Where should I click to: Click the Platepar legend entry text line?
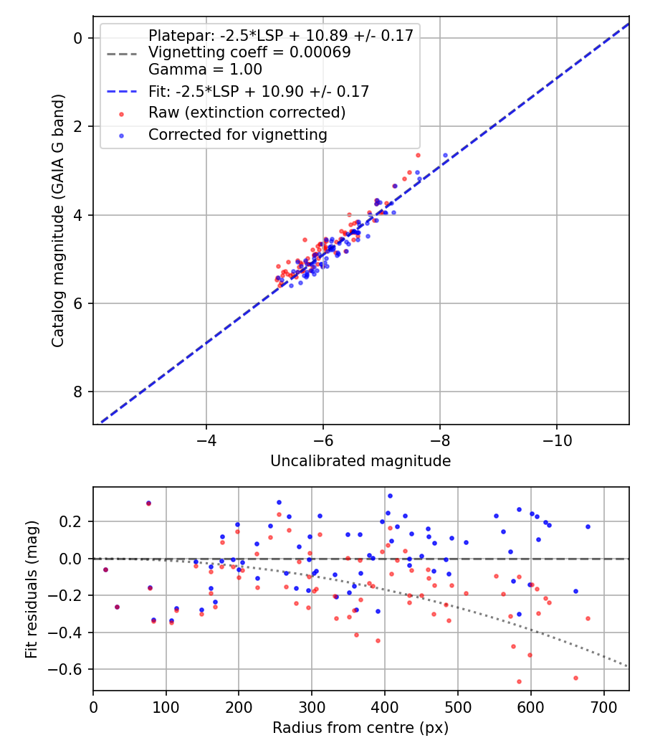click(x=280, y=36)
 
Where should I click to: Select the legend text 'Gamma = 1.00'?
click(x=205, y=70)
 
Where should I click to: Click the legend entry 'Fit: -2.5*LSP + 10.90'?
click(x=259, y=92)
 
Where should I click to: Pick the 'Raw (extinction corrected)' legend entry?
click(x=247, y=113)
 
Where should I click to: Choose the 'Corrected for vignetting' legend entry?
click(x=237, y=135)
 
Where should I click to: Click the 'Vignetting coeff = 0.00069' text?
click(x=249, y=52)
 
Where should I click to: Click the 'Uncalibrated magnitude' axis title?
click(x=360, y=461)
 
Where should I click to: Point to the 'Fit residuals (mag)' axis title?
click(x=32, y=589)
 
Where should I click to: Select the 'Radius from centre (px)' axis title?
click(x=360, y=728)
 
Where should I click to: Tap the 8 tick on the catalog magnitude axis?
click(x=80, y=392)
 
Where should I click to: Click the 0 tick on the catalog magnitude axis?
click(x=80, y=38)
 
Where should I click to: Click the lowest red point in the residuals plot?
click(x=519, y=681)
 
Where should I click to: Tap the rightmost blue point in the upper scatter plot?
click(x=445, y=155)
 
